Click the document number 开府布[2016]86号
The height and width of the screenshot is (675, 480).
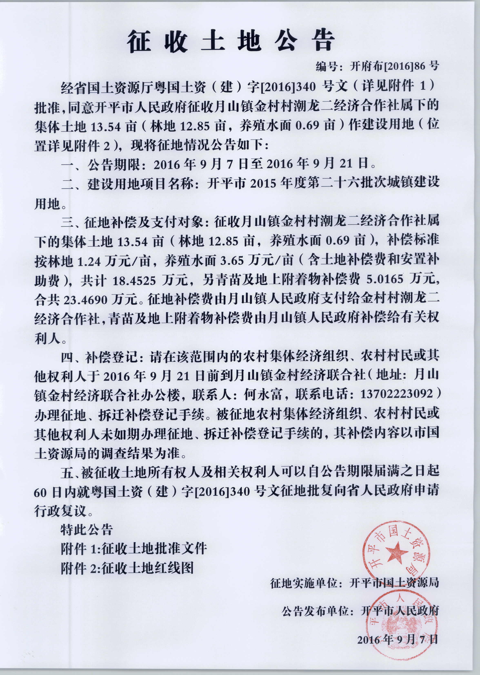pos(394,66)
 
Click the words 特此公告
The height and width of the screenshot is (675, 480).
pos(86,529)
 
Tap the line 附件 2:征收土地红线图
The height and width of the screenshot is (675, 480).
pos(127,568)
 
